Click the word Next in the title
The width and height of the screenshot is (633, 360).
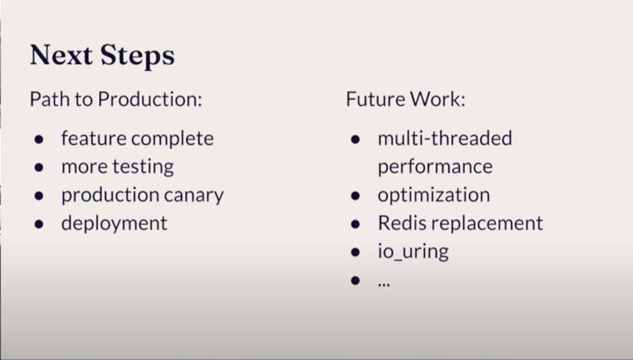point(61,55)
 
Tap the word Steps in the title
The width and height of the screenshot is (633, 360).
point(138,56)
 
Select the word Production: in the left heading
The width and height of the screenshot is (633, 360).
point(150,99)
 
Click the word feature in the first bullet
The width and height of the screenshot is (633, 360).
point(93,138)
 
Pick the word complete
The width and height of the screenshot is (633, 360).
point(172,139)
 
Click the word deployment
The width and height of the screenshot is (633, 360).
point(114,224)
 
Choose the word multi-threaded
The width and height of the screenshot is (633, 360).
point(445,138)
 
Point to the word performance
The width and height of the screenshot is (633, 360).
point(435,168)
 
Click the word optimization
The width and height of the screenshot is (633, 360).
point(434,195)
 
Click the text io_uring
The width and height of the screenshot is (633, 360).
point(413,252)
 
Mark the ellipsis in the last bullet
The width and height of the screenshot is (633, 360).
point(384,285)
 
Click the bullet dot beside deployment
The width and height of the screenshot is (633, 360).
point(39,224)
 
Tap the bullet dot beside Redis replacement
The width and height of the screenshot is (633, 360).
point(355,224)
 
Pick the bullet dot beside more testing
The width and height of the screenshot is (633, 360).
point(39,168)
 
